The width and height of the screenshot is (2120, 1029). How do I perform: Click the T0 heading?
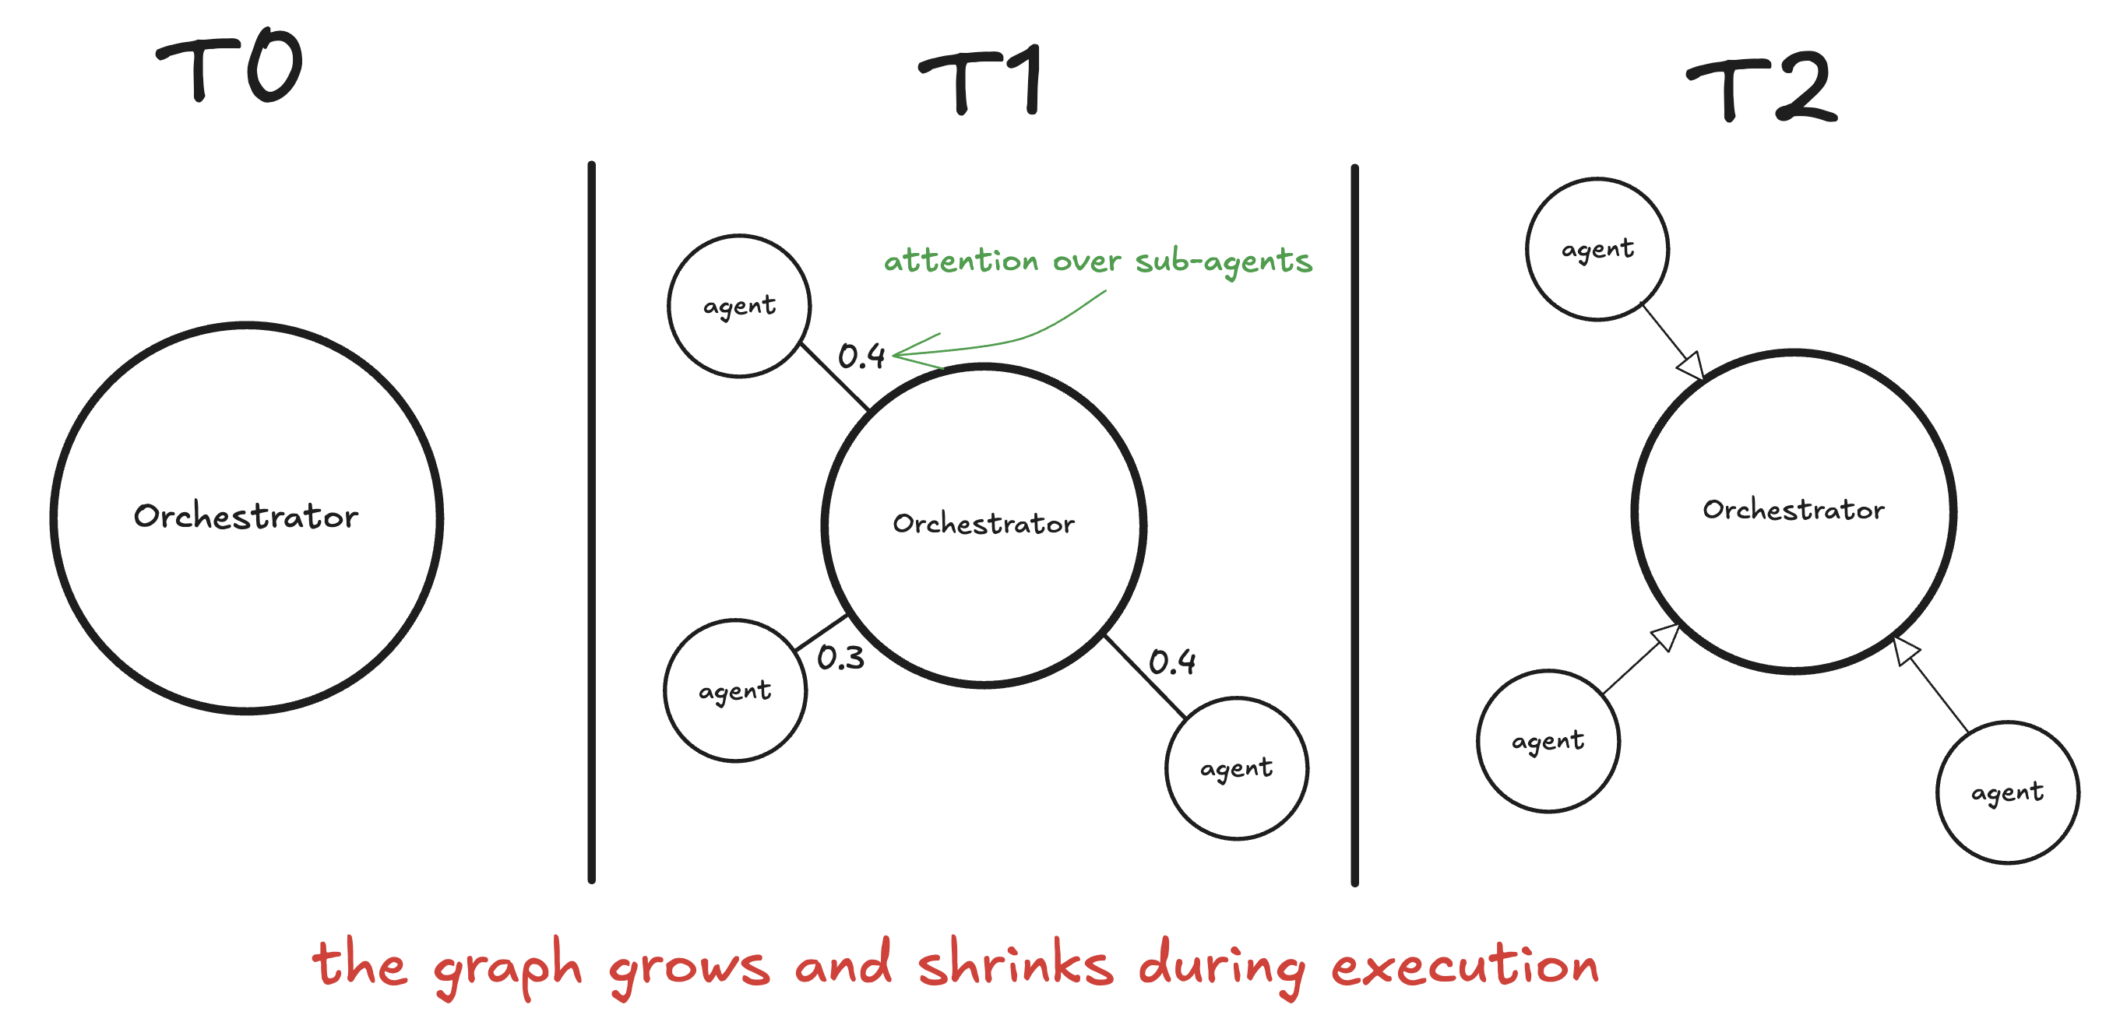click(x=231, y=68)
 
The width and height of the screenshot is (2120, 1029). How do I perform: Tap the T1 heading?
click(x=982, y=81)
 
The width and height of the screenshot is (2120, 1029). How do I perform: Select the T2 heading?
click(x=1762, y=87)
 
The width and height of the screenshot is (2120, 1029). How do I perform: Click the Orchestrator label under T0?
click(x=246, y=517)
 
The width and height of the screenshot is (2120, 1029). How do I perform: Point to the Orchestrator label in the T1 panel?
click(x=984, y=524)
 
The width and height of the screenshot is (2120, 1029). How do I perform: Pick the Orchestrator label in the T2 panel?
click(x=1793, y=510)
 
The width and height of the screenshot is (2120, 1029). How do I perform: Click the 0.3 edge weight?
click(x=840, y=658)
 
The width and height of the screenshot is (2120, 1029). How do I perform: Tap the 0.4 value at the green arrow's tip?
click(x=861, y=356)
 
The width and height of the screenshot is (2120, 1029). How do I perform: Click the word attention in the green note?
click(x=960, y=261)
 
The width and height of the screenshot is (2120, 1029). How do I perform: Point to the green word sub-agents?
click(x=1223, y=262)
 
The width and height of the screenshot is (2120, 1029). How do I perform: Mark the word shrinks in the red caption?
click(x=1016, y=964)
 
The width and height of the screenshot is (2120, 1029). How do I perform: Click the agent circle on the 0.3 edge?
click(x=735, y=691)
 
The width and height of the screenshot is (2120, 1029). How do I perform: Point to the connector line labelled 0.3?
click(x=822, y=633)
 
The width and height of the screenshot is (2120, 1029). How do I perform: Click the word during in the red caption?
click(x=1222, y=966)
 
